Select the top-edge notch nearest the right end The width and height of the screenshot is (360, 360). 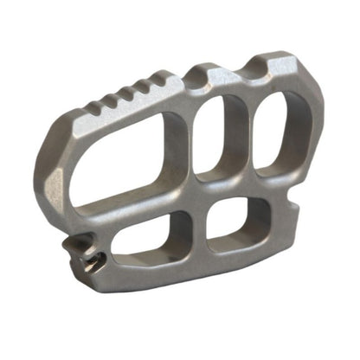[260, 66]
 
